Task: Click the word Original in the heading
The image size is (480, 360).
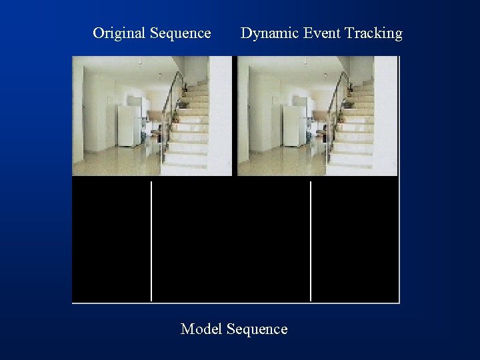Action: (x=119, y=33)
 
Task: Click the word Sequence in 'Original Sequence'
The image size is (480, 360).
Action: (x=181, y=33)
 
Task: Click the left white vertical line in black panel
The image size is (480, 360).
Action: (x=151, y=240)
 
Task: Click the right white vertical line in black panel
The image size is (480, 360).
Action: (x=311, y=240)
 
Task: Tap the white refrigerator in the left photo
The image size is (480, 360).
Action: (x=129, y=126)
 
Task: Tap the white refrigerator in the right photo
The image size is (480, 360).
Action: (x=293, y=126)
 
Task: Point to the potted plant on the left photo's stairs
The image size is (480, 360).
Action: (x=181, y=103)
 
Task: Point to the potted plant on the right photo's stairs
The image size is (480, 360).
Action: (x=347, y=103)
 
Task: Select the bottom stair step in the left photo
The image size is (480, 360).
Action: (x=185, y=168)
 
